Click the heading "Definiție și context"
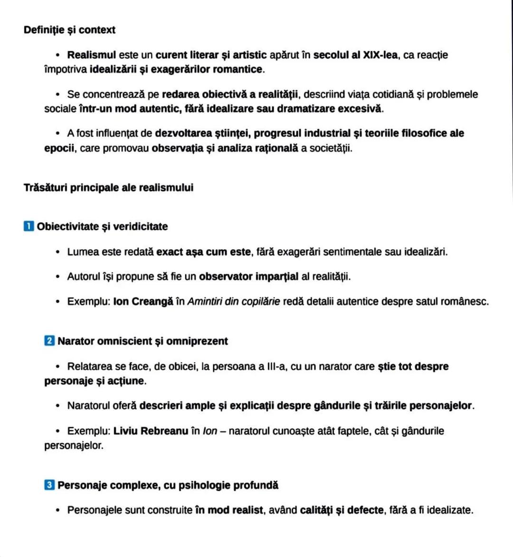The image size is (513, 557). pos(69,30)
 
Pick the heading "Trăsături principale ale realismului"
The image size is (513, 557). pos(108,188)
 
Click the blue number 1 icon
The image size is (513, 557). pos(28,226)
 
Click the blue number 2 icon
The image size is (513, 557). pos(49,341)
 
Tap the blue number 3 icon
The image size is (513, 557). pos(49,485)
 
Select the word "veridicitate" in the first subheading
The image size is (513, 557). pos(141,227)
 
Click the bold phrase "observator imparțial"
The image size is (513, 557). pos(249,277)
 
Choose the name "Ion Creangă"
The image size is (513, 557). pos(143,302)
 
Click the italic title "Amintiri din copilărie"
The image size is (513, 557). pos(234,302)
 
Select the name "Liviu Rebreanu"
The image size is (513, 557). pos(151,431)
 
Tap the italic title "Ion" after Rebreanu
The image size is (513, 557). pos(209,431)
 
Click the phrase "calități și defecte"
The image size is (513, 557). pos(342,510)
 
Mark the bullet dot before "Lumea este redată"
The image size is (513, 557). pos(58,252)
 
